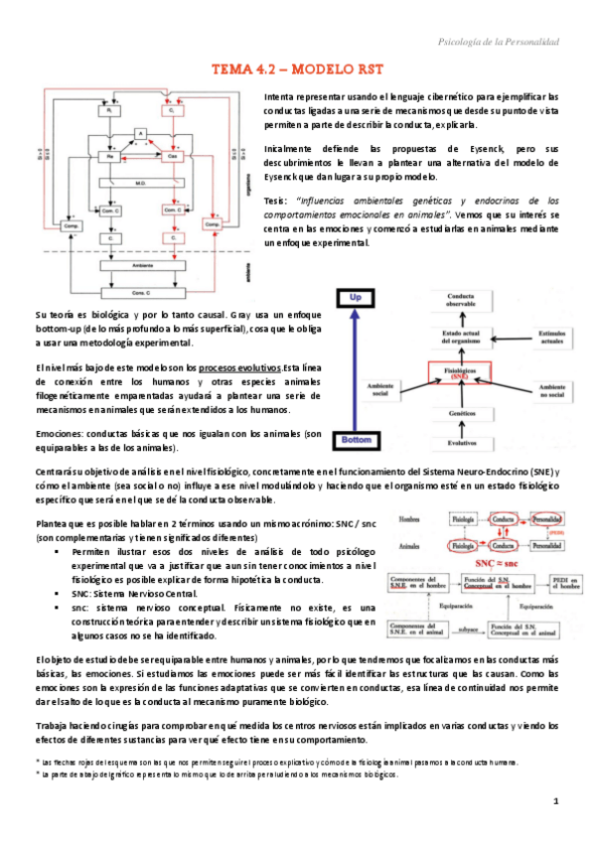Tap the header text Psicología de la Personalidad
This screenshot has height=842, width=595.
point(499,41)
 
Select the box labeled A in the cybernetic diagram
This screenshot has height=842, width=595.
point(142,133)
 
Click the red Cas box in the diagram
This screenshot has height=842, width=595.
point(171,157)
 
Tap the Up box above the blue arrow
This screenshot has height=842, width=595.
point(354,296)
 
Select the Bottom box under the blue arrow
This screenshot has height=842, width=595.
point(355,438)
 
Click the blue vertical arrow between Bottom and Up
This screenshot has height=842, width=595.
point(355,367)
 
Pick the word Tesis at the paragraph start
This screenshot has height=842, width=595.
point(276,200)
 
